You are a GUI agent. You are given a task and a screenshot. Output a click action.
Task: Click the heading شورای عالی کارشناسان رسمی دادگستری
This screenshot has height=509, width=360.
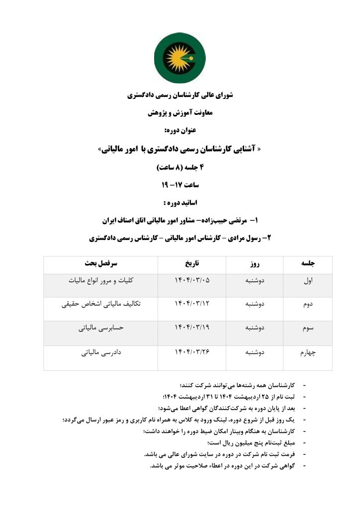click(180, 95)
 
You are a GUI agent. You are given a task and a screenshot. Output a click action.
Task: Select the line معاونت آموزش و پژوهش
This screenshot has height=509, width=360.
click(180, 113)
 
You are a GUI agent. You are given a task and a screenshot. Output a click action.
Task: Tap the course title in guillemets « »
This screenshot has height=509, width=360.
click(180, 149)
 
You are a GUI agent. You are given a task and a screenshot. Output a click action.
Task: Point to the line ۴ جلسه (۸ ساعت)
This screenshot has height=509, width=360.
click(180, 167)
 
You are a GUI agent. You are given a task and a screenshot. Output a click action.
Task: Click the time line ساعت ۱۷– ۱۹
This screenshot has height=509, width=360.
click(180, 185)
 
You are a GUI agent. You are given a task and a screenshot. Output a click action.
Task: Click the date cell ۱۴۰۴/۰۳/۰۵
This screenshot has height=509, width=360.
click(192, 281)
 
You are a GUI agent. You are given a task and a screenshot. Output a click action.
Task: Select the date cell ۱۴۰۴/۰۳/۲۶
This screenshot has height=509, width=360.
click(192, 353)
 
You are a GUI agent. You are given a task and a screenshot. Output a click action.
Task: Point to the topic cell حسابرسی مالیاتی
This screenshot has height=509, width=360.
click(100, 329)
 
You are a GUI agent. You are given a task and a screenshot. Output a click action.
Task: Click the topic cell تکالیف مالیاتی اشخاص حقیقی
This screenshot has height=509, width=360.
click(100, 304)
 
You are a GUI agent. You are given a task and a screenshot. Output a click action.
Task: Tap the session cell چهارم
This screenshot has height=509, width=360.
click(307, 353)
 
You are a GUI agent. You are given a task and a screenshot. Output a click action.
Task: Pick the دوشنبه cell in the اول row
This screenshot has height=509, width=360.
click(255, 281)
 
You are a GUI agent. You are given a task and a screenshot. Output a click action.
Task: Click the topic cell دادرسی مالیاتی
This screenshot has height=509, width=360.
click(100, 353)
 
